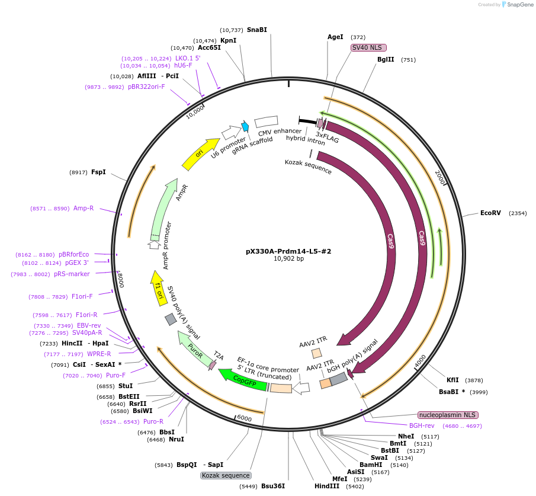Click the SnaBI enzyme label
tap(257, 30)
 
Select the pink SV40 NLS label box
tap(368, 47)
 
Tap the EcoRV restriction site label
tap(490, 213)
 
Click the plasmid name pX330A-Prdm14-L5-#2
tap(288, 251)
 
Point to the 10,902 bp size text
tap(288, 258)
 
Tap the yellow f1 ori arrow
tap(158, 288)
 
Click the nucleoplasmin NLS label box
tap(448, 415)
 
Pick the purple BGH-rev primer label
tap(422, 425)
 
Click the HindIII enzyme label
tap(327, 486)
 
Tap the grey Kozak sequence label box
tap(226, 475)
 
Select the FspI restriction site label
tap(98, 172)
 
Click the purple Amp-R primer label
tap(84, 208)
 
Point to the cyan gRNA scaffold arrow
tap(245, 126)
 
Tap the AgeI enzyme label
tap(335, 37)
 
